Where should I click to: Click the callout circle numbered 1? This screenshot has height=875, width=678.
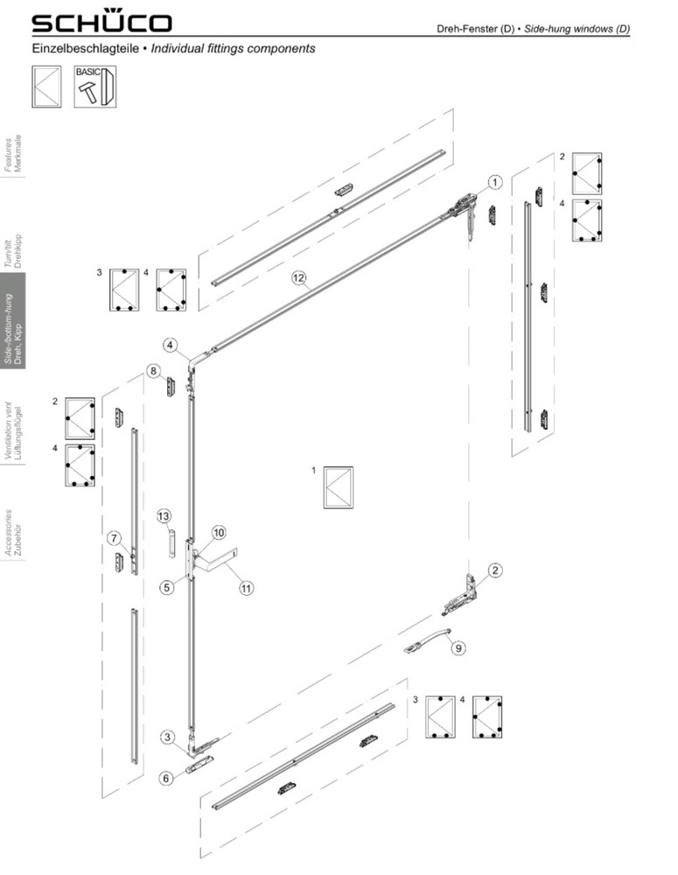(x=494, y=182)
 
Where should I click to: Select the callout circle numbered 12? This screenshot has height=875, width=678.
(x=299, y=277)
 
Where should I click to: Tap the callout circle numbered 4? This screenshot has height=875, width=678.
(x=171, y=345)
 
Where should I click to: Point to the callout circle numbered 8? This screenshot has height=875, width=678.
(x=153, y=370)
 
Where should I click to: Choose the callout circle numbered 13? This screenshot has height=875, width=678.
(x=164, y=516)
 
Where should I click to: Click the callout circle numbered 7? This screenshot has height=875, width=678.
(x=115, y=538)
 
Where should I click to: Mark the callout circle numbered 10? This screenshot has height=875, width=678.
(x=218, y=532)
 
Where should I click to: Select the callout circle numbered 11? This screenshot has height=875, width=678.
(x=246, y=588)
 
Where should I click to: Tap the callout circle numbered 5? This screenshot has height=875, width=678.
(x=167, y=587)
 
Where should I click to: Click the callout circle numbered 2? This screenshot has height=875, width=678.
(x=494, y=570)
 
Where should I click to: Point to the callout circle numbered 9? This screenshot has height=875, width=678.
(x=458, y=647)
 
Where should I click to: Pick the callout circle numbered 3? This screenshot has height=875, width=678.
(x=168, y=737)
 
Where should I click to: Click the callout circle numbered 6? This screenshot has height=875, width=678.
(x=165, y=778)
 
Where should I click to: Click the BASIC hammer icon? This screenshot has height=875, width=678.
(x=94, y=87)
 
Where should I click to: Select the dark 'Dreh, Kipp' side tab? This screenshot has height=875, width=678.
(x=13, y=328)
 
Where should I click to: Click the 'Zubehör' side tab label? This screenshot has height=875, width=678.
(x=18, y=541)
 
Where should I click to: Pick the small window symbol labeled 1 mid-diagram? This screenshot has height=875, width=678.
(x=339, y=487)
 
